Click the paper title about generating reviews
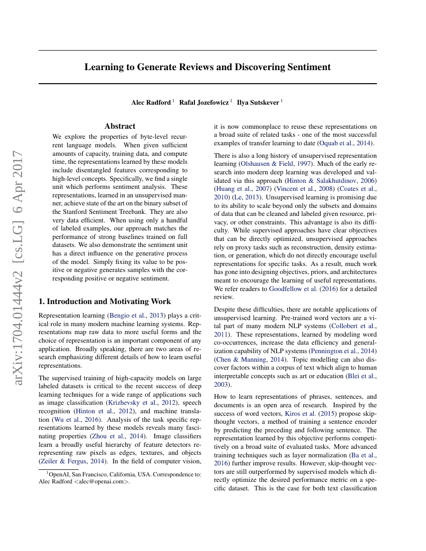(207, 67)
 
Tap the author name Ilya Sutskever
(258, 102)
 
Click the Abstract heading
(120, 126)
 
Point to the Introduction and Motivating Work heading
(105, 302)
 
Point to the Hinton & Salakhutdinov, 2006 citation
(330, 180)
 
